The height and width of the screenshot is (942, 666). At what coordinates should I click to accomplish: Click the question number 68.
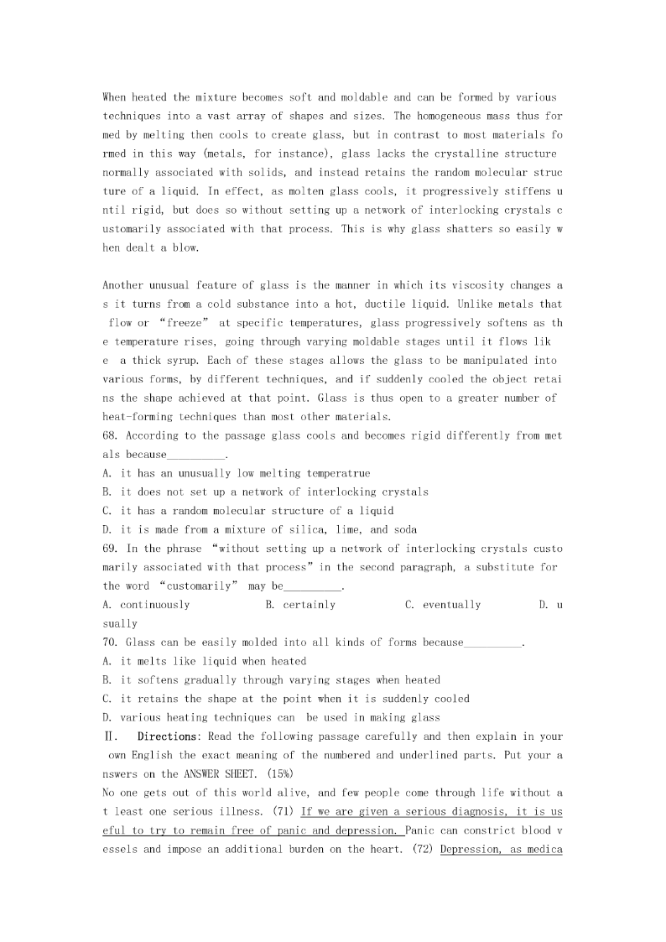(x=111, y=436)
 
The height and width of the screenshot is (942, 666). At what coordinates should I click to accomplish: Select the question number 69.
(x=111, y=549)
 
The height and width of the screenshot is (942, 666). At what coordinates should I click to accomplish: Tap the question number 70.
(x=111, y=643)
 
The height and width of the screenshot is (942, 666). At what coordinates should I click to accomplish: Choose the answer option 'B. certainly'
(x=300, y=605)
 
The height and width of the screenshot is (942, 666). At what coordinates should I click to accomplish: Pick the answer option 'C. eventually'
(x=443, y=605)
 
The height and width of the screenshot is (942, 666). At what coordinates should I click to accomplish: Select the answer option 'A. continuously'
(x=146, y=605)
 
